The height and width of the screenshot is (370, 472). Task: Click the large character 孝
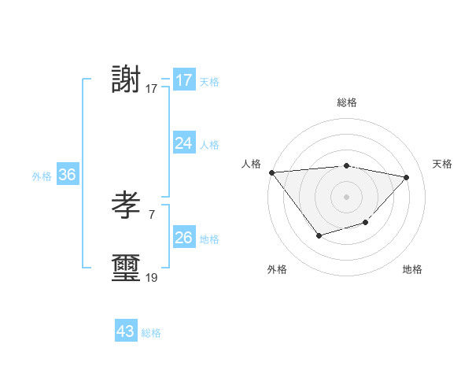127,207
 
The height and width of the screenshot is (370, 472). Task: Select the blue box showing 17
183,80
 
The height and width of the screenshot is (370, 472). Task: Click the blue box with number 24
183,143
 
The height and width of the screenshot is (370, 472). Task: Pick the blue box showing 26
183,238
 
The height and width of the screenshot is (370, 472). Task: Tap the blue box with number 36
67,175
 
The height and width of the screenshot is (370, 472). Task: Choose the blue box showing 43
125,331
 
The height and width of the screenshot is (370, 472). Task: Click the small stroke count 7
151,213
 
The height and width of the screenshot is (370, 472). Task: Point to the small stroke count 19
152,277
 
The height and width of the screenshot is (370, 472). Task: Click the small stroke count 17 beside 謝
152,89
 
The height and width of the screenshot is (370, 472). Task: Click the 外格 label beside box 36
42,176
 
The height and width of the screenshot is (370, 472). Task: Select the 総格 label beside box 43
151,333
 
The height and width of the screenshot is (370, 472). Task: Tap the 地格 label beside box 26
209,239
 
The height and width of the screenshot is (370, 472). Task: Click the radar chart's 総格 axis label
346,102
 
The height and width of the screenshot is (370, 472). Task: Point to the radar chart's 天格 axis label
442,164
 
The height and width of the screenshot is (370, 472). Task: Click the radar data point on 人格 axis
271,172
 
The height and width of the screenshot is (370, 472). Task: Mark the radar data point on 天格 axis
406,177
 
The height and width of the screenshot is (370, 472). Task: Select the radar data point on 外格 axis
319,235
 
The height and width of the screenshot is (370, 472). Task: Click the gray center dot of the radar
346,196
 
